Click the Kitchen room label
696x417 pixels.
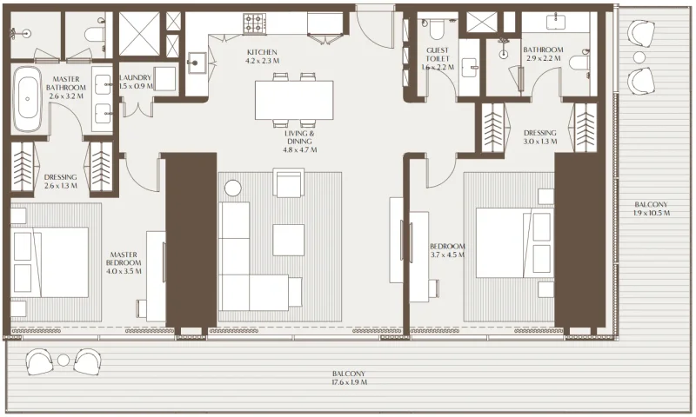261,51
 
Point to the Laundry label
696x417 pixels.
136,77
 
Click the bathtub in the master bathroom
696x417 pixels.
28,99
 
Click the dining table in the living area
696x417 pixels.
294,99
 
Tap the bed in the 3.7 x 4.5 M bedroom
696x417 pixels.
513,244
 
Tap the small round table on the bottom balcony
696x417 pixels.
64,360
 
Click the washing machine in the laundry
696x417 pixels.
165,77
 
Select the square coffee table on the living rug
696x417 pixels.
288,240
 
